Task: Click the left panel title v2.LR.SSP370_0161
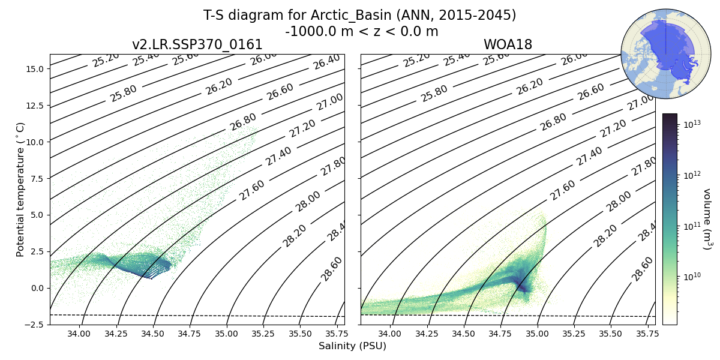pyautogui.click(x=197, y=45)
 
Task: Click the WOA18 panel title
pyautogui.click(x=508, y=45)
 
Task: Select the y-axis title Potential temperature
pyautogui.click(x=20, y=189)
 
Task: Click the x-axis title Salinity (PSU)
pyautogui.click(x=352, y=346)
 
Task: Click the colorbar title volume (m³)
pyautogui.click(x=707, y=219)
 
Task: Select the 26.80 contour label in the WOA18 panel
pyautogui.click(x=553, y=121)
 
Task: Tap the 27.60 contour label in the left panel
pyautogui.click(x=252, y=190)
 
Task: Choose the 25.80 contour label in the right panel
pyautogui.click(x=434, y=93)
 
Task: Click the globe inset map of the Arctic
pyautogui.click(x=657, y=53)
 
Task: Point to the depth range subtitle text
pyautogui.click(x=361, y=31)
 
